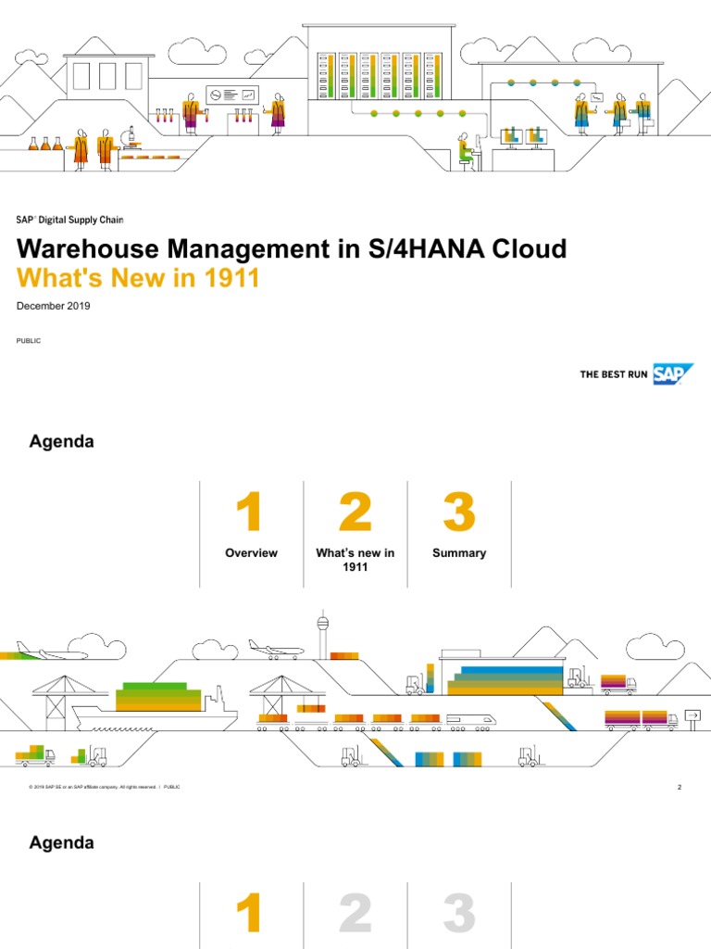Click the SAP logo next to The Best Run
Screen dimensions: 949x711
(x=674, y=373)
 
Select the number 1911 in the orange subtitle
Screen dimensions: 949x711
(x=231, y=277)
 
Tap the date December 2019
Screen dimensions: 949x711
(x=54, y=306)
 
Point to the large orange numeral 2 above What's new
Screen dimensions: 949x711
(x=355, y=512)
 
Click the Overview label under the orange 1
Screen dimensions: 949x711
(x=251, y=553)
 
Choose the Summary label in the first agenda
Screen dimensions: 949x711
(x=459, y=553)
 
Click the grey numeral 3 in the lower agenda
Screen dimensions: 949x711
(x=459, y=914)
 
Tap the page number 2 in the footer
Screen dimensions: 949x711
(x=679, y=788)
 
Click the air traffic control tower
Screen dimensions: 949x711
(x=323, y=635)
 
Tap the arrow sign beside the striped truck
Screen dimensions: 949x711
(x=692, y=715)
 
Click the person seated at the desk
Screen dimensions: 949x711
(x=466, y=150)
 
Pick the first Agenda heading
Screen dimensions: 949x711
(x=62, y=442)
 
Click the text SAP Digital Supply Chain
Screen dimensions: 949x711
(x=69, y=220)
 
